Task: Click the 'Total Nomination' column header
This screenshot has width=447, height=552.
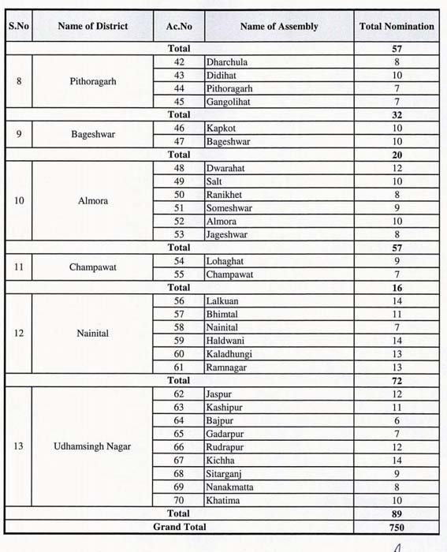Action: [397, 27]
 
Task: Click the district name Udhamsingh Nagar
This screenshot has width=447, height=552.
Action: [93, 446]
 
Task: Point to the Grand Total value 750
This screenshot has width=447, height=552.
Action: [397, 527]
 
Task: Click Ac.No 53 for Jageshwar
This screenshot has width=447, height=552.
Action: [179, 234]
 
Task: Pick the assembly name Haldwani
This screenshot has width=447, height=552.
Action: [224, 340]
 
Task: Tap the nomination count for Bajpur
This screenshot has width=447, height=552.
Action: [397, 420]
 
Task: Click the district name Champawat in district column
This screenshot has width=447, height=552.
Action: [93, 267]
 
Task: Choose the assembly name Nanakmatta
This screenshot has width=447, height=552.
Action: [230, 487]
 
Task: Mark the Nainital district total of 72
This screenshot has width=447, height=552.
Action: [397, 380]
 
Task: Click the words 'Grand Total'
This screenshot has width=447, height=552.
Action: [179, 527]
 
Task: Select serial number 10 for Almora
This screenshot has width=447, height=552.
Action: [19, 200]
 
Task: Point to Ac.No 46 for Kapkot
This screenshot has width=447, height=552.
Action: [179, 127]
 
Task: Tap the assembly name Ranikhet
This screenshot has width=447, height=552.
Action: [224, 194]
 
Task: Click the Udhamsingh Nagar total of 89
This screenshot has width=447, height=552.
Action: [397, 513]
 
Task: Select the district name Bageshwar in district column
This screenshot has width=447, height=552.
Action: [93, 134]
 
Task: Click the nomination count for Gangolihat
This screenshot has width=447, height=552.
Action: [397, 102]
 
